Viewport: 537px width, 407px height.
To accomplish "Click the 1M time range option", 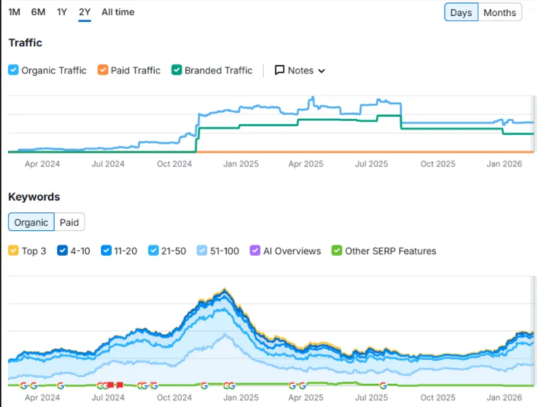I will coord(14,12).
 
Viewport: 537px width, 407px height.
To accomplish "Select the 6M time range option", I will coord(38,12).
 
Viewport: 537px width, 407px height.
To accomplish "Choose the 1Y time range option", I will coord(62,12).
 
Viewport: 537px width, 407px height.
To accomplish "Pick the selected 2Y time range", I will coord(84,12).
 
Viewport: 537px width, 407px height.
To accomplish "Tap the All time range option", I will coord(118,12).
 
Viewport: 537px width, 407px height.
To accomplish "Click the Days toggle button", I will coord(461,13).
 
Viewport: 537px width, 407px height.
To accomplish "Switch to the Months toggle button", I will coord(500,13).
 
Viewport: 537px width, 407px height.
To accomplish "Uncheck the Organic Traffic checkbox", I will coord(13,70).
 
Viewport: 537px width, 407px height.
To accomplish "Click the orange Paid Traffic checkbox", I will coord(102,70).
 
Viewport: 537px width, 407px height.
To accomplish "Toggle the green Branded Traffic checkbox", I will coord(177,70).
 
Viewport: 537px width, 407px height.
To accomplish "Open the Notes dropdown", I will coord(300,70).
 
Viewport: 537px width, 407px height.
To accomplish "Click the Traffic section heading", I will coord(25,43).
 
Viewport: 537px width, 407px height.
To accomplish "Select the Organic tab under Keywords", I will coord(31,222).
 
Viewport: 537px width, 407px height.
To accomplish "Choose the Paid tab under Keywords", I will coord(69,222).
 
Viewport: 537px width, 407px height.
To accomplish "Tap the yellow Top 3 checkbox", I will coord(13,251).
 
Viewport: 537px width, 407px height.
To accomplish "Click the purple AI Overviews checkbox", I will coord(255,251).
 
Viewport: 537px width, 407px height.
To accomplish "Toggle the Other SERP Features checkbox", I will coord(337,251).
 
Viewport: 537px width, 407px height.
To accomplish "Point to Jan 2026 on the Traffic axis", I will coord(502,164).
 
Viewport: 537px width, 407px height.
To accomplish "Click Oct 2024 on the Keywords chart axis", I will coord(173,398).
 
